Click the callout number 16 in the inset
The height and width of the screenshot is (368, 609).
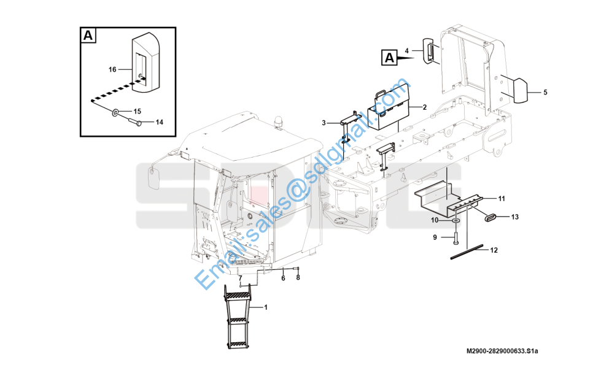112,69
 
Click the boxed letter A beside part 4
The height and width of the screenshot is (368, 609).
390,58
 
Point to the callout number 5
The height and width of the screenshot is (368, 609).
545,93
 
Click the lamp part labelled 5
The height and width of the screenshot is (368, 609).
520,91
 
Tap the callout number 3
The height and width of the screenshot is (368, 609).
324,123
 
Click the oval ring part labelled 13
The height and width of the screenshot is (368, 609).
490,217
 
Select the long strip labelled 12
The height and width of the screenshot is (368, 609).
467,251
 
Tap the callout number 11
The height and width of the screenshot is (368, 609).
502,199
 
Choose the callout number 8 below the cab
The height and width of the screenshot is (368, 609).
298,278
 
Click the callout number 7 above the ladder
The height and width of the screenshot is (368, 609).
240,278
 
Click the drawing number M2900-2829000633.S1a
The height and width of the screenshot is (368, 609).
502,351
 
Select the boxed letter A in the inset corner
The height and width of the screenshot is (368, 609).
88,36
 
